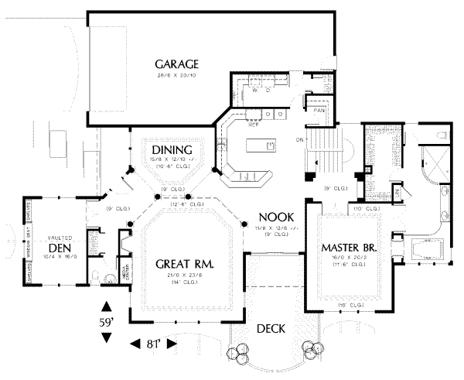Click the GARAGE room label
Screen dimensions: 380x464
(177, 63)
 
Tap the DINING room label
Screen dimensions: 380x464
(167, 149)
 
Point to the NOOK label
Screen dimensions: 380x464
(274, 217)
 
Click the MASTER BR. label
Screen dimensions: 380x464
(348, 248)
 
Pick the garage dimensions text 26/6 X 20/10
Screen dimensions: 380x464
(177, 76)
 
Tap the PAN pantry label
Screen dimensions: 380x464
(319, 110)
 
